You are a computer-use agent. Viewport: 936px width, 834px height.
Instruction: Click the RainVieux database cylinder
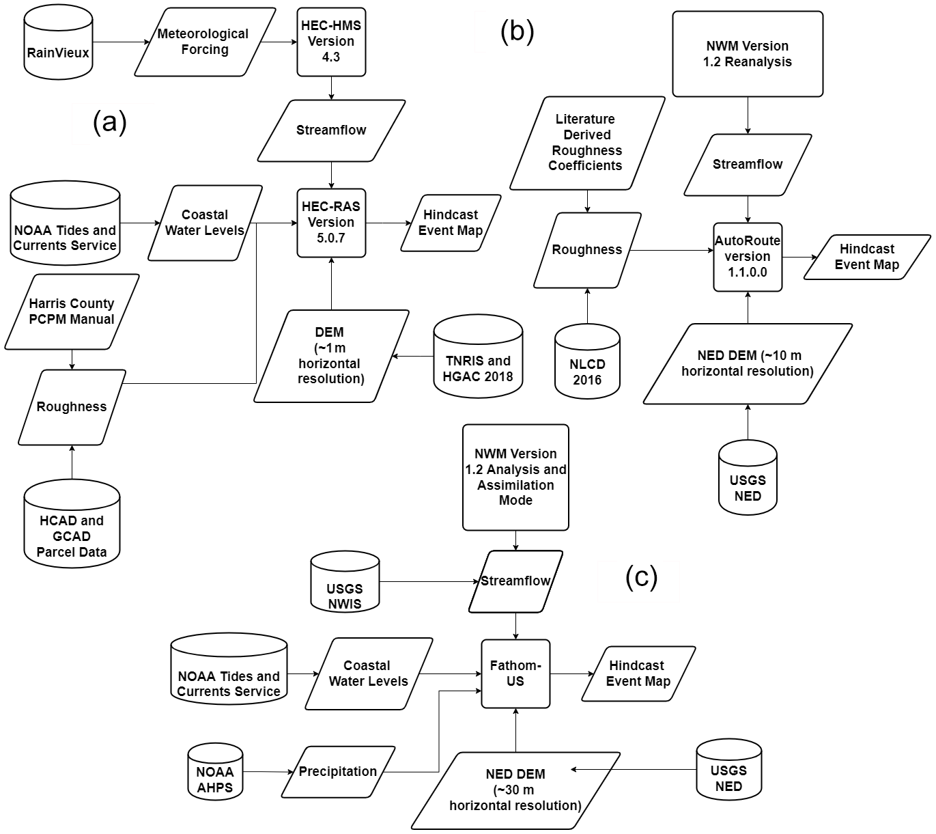pyautogui.click(x=58, y=44)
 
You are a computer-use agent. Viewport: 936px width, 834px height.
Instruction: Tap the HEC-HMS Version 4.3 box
pyautogui.click(x=331, y=42)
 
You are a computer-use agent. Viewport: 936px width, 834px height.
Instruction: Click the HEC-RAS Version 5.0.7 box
pyautogui.click(x=331, y=223)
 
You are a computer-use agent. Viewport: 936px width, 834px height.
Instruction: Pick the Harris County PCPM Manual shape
pyautogui.click(x=72, y=311)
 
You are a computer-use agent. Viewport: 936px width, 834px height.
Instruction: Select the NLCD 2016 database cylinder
pyautogui.click(x=587, y=362)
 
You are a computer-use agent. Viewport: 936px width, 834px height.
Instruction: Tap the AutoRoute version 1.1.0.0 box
pyautogui.click(x=748, y=257)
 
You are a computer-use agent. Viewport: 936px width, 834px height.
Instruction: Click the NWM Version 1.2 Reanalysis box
pyautogui.click(x=748, y=54)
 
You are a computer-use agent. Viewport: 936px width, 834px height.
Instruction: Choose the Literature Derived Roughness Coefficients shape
pyautogui.click(x=586, y=143)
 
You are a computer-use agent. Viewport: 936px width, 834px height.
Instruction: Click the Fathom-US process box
pyautogui.click(x=515, y=673)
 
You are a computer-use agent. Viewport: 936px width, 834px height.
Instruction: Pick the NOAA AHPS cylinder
pyautogui.click(x=215, y=773)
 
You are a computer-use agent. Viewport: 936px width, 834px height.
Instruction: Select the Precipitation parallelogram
pyautogui.click(x=338, y=772)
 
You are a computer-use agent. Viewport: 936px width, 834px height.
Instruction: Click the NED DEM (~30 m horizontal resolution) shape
pyautogui.click(x=515, y=790)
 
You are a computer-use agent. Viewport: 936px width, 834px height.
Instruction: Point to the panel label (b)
pyautogui.click(x=517, y=31)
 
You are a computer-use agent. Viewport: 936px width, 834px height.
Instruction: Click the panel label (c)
pyautogui.click(x=641, y=578)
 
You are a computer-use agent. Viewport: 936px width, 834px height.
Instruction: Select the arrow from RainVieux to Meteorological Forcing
pyautogui.click(x=119, y=42)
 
